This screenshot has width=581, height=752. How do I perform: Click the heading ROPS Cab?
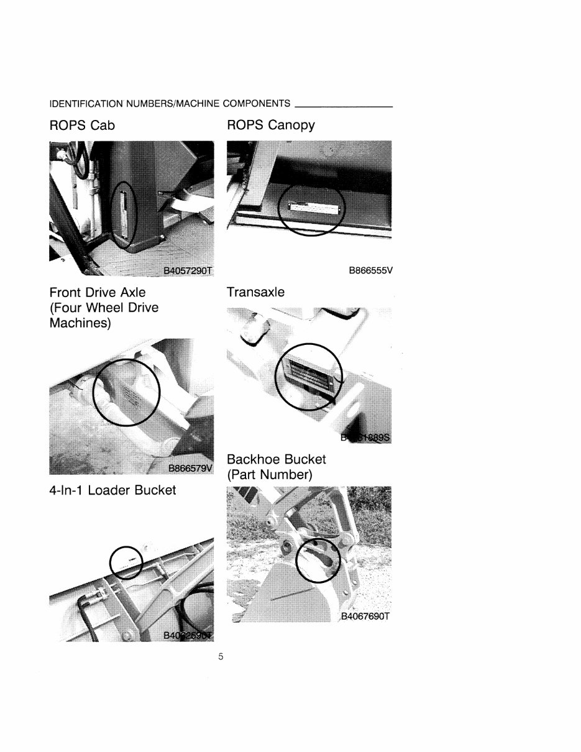point(82,126)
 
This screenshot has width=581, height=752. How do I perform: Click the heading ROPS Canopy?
point(270,126)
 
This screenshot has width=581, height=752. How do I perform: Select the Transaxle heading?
point(255,292)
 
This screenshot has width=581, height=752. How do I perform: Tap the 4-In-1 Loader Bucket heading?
point(112,490)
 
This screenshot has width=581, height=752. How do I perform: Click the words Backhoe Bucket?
point(276,459)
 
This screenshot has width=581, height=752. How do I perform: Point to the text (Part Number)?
point(269,475)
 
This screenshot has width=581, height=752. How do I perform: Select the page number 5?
point(221,656)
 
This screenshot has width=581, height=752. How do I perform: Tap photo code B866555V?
point(371,271)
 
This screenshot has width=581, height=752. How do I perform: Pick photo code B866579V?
point(190,468)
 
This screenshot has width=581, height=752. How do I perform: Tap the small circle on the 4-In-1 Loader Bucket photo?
point(126,562)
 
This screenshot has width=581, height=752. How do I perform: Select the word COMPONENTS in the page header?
point(256,103)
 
